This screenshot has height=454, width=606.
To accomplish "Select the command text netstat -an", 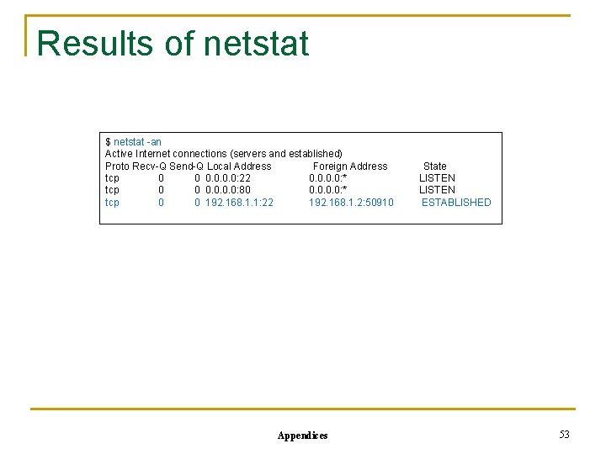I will (137, 142).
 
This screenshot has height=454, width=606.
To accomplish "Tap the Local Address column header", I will (239, 166).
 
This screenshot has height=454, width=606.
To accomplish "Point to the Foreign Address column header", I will (350, 166).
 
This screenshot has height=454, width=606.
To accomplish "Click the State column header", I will (434, 166).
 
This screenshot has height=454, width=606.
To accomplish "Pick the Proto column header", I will (118, 166).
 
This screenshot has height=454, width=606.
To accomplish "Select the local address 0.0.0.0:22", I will (227, 178).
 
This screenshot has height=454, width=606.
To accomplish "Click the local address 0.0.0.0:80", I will (227, 190).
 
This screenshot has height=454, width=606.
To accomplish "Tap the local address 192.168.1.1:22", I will (239, 203).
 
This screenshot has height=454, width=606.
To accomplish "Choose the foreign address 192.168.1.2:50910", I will (351, 203).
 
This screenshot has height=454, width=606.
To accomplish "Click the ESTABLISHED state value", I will (456, 203).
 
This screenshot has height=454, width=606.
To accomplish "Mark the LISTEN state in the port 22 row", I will (437, 178).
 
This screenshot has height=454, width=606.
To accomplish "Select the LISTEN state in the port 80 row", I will (437, 190).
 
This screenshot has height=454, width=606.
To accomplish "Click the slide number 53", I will (564, 435).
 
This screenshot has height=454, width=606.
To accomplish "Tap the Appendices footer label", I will (302, 436).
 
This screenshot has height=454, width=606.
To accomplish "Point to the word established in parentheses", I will (315, 154).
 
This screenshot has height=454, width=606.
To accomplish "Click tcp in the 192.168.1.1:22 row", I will (112, 203).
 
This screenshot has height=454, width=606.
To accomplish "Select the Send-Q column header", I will (187, 166).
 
